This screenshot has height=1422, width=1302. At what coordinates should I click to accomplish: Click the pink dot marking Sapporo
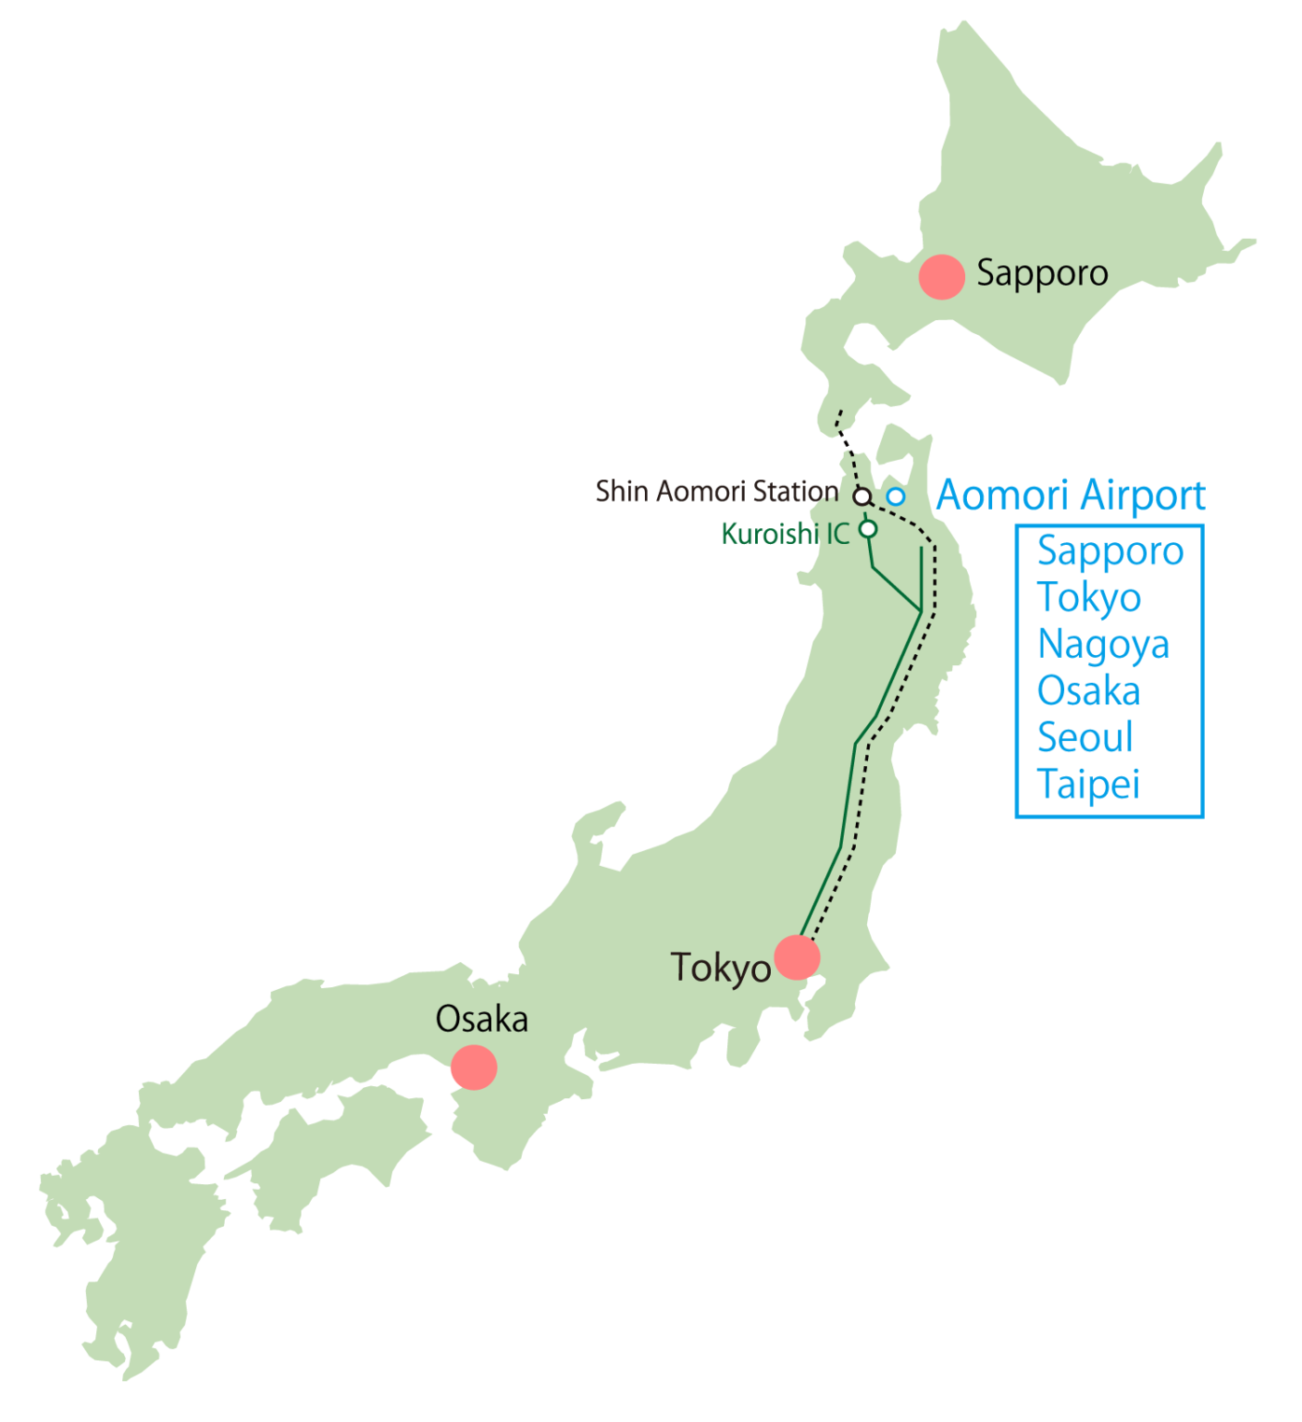942,276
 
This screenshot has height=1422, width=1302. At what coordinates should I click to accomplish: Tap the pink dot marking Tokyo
797,956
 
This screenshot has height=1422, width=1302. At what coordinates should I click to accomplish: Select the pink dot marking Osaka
473,1066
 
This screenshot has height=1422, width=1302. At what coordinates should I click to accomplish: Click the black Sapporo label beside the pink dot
1042,274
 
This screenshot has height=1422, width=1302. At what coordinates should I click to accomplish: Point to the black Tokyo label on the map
721,969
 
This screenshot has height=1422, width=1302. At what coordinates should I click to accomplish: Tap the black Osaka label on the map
482,1019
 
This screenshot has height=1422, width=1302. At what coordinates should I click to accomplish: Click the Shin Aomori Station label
717,491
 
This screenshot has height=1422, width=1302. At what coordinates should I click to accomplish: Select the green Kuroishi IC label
785,534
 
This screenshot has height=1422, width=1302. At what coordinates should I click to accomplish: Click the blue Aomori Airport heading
1071,495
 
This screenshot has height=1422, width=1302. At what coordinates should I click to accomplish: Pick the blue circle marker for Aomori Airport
895,495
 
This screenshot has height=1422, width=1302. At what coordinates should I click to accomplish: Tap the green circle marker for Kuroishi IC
868,529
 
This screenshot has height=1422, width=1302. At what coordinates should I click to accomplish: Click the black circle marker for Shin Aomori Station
863,495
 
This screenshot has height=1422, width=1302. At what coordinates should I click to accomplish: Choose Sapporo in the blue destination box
1110,551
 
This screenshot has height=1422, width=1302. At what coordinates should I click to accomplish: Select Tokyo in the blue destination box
1089,598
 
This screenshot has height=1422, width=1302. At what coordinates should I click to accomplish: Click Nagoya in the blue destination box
1103,645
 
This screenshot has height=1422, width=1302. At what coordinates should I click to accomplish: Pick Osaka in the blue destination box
1088,691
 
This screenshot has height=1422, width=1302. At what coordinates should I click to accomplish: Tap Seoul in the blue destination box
1085,738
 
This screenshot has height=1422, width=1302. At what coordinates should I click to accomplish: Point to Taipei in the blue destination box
1088,785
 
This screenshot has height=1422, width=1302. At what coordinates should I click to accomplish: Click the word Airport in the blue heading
1139,495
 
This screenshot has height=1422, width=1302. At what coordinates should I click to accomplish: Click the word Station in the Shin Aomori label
795,491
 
